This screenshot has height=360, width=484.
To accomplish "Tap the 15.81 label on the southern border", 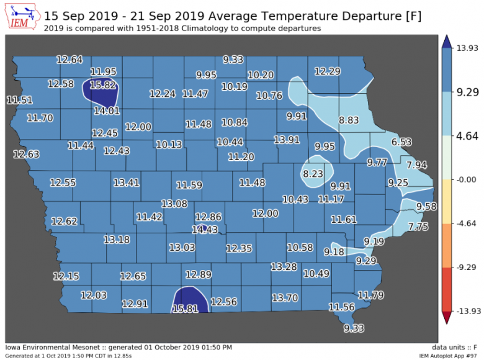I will click(x=186, y=308).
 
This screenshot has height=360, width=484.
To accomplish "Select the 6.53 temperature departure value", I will click(x=401, y=142).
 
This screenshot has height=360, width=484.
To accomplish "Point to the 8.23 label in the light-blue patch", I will click(x=313, y=174).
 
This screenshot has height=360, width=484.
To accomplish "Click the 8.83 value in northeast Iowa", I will click(x=349, y=120).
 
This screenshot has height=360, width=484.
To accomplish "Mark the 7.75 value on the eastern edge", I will click(x=418, y=227).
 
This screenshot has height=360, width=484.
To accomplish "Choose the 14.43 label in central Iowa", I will click(x=205, y=230).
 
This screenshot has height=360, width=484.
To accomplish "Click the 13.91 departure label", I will click(x=287, y=140).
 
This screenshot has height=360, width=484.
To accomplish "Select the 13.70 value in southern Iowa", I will click(x=285, y=298).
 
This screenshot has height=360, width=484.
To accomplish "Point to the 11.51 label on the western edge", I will click(x=19, y=100).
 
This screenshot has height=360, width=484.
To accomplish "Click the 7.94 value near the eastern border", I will click(x=417, y=165).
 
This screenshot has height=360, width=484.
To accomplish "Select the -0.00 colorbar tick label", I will click(x=465, y=179).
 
